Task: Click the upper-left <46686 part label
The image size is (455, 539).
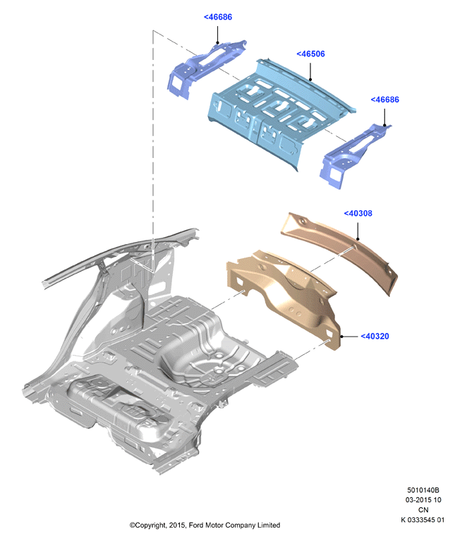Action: (x=218, y=17)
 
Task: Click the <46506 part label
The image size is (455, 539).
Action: (x=310, y=54)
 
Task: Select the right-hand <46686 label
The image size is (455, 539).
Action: (x=385, y=99)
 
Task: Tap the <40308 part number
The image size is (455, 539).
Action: (x=358, y=214)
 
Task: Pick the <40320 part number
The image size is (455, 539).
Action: (x=375, y=337)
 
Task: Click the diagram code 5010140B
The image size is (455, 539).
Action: (x=423, y=490)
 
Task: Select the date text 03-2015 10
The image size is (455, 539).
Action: (x=423, y=499)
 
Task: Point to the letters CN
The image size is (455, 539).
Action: (x=423, y=510)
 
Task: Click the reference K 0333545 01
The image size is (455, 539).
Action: (x=423, y=520)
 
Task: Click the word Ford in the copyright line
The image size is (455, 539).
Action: (x=196, y=526)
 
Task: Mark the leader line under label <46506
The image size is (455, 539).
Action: (x=310, y=71)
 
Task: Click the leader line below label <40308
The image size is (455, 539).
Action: (x=358, y=231)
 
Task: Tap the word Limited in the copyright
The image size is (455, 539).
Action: (x=269, y=526)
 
